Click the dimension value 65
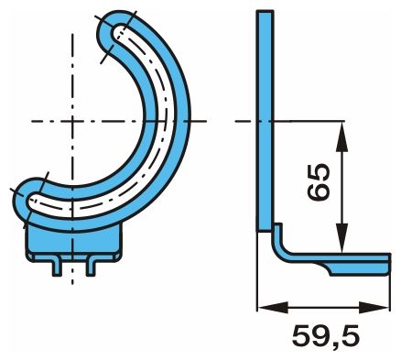point(319,182)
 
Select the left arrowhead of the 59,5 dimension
point(273,307)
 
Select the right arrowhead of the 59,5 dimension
point(374,307)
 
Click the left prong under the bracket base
point(56,268)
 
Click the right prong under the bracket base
point(91,268)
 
